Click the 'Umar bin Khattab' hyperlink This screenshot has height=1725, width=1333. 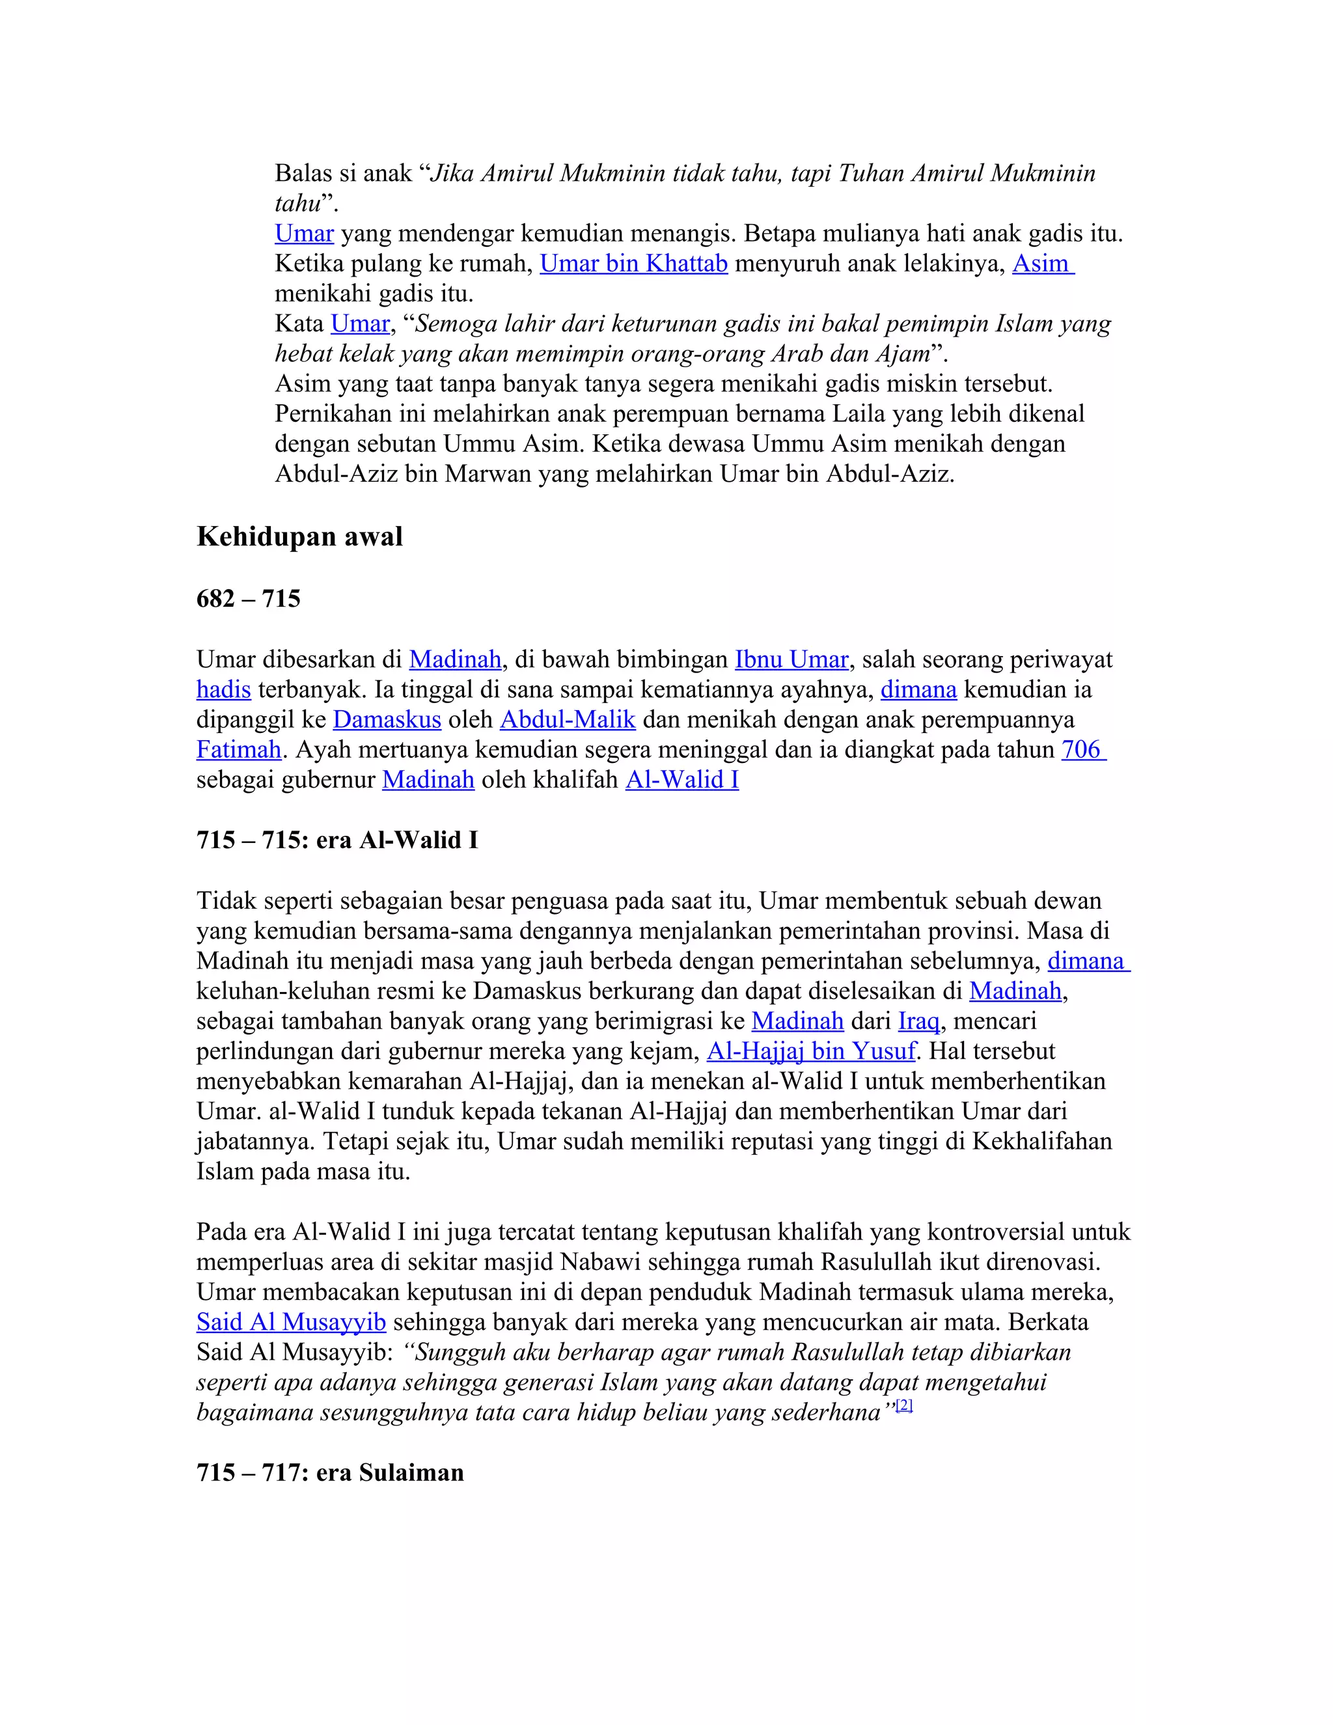[x=633, y=264]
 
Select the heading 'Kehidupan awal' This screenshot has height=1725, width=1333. [x=299, y=537]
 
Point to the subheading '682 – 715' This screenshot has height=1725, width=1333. [x=249, y=599]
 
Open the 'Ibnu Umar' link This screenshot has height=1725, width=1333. [x=791, y=659]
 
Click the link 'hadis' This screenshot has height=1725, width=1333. [x=223, y=689]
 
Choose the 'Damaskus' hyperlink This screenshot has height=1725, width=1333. [x=387, y=719]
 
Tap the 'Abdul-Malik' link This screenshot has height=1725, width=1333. [x=567, y=719]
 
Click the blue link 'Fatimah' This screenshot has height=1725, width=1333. [x=238, y=749]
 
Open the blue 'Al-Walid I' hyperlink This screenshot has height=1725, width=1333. [x=681, y=780]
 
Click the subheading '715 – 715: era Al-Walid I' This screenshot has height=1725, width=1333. [x=337, y=840]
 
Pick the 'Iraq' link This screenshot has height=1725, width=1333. [x=918, y=1021]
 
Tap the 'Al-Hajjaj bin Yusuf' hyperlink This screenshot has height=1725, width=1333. [x=811, y=1051]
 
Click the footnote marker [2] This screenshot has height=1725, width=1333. [x=904, y=1405]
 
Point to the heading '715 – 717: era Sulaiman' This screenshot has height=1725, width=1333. [x=330, y=1473]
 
